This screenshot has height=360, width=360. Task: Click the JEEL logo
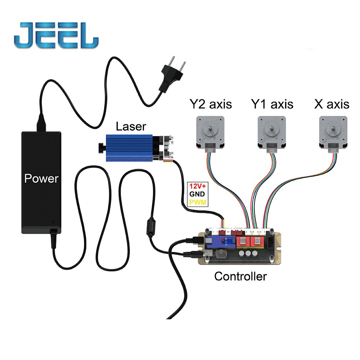coord(56,35)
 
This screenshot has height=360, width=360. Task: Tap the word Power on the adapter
coord(41,179)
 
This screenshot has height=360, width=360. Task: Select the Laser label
coord(131,126)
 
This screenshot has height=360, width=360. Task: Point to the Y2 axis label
coord(211,104)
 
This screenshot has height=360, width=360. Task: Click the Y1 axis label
coord(272,104)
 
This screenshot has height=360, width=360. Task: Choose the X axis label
coord(332,104)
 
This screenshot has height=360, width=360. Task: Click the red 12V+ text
coord(198,186)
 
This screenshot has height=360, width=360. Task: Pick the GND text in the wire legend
coord(197,194)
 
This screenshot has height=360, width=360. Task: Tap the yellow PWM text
coord(198,202)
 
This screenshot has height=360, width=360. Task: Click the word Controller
coord(240,276)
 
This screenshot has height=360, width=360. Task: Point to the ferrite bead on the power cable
coord(151,227)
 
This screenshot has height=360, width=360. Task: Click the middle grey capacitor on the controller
coord(248,253)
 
